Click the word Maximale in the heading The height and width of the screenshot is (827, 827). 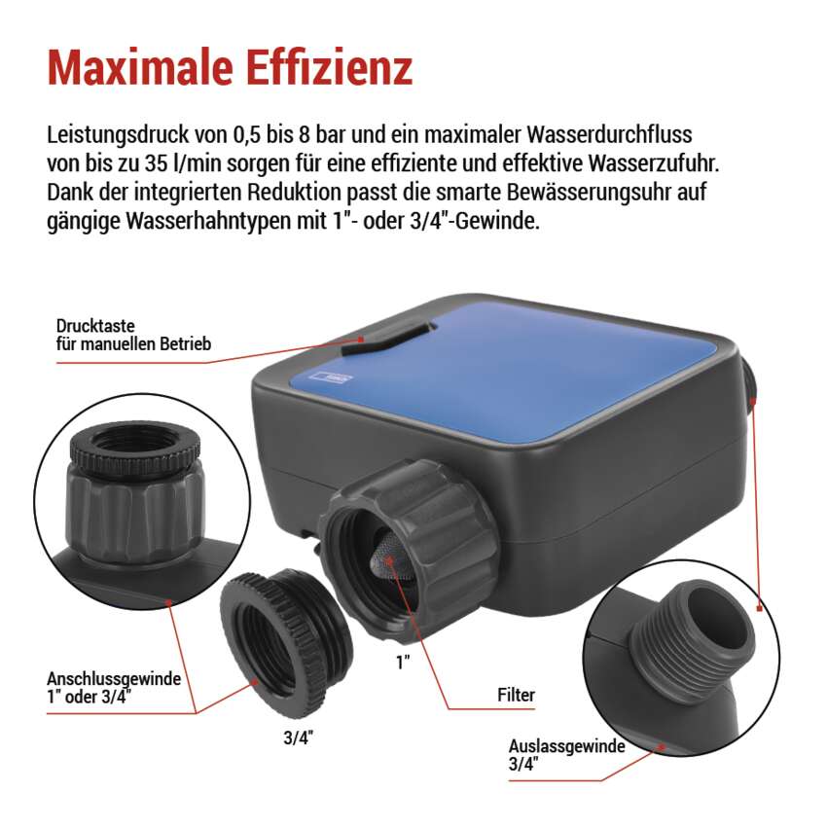point(140,67)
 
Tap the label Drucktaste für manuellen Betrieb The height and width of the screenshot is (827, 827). point(133,335)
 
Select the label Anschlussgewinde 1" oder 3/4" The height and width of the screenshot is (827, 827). point(114,687)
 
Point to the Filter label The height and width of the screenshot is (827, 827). point(516,695)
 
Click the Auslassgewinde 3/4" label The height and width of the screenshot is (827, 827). point(566,755)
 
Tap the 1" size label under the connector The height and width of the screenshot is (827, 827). point(404,663)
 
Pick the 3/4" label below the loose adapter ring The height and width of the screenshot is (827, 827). point(298,737)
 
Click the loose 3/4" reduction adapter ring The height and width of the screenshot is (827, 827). point(284,644)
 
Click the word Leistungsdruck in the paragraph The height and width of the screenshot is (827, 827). point(118,135)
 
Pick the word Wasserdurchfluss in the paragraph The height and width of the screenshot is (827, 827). point(609,134)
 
